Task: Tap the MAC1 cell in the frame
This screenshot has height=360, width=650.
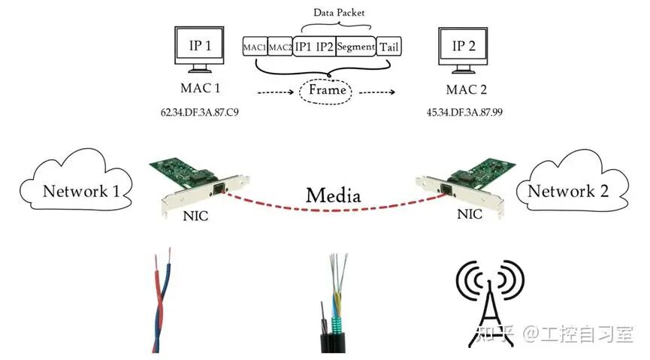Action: tap(255, 47)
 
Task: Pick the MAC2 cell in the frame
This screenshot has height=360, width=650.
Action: tap(280, 47)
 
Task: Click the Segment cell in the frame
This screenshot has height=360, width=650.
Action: tap(355, 47)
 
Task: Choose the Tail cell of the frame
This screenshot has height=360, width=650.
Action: tap(389, 47)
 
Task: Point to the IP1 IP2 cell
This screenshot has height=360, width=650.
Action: tap(314, 47)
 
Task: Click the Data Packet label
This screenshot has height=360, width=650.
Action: tap(335, 13)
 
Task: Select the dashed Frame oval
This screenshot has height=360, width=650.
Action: tap(325, 90)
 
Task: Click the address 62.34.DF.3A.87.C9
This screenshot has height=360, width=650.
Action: tap(200, 112)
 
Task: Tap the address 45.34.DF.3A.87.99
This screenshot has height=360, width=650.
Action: tap(464, 112)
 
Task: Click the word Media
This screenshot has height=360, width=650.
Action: tap(332, 196)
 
